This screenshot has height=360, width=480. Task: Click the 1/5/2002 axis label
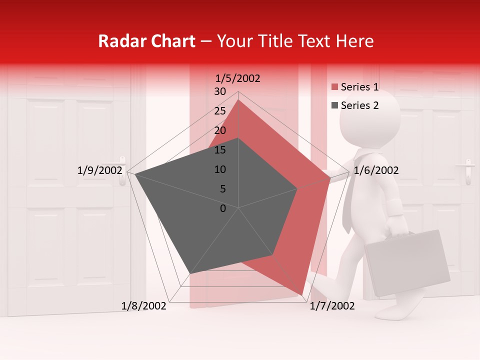pos(238,78)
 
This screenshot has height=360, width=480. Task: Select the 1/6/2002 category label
pos(376,170)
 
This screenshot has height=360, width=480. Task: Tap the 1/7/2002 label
pos(332,306)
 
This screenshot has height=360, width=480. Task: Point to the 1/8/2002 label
pos(143,306)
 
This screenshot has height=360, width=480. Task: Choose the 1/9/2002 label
pos(99,170)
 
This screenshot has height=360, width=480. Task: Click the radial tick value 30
pos(220,91)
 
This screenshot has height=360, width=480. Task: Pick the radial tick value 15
pos(220,150)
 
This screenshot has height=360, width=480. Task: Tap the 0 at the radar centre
pos(223,208)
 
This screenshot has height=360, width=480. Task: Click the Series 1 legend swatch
pos(335,87)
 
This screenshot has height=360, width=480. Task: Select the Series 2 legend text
pos(359,105)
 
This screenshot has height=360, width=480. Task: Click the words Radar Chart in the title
pos(146,41)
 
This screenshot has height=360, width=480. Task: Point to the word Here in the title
pos(355,41)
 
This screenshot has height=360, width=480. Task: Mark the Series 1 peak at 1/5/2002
pos(238,99)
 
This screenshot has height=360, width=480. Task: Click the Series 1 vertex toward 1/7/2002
pos(302,295)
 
